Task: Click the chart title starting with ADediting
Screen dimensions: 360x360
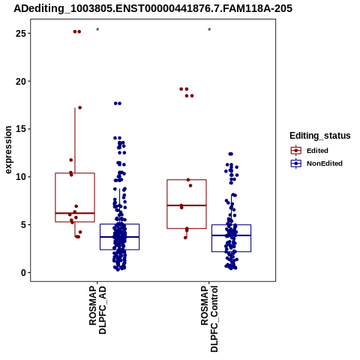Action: (153, 8)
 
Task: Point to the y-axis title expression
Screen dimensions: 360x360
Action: (8, 150)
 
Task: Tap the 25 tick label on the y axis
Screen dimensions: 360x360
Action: (21, 33)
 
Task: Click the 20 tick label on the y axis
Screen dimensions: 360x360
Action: (21, 81)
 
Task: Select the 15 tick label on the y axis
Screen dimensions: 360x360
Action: (21, 129)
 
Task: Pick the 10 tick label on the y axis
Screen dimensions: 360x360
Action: (21, 177)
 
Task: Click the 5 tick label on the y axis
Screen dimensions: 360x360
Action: (24, 225)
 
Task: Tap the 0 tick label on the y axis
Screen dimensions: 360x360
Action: (24, 272)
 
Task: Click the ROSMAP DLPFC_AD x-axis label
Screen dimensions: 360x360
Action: (97, 310)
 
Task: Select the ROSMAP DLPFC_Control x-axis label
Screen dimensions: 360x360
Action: (209, 319)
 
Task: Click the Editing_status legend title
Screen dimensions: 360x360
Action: (320, 136)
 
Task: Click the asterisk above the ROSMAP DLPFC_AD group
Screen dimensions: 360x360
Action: (97, 30)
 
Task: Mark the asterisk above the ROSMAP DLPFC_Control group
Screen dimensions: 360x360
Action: (209, 30)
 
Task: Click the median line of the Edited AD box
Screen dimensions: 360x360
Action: (75, 213)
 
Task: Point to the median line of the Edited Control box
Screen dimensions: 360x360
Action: (187, 205)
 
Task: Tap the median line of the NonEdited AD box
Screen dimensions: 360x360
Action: (120, 237)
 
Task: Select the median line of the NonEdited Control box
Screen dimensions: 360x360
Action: (232, 235)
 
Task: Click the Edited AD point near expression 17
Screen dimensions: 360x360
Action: (80, 108)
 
